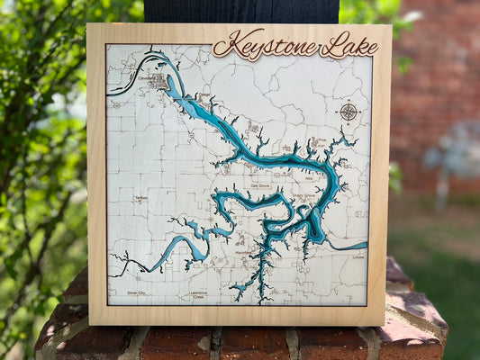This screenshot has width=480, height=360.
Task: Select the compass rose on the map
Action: point(349,112)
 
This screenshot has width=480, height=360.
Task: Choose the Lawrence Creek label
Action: point(199,295)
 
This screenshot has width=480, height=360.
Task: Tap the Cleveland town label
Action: point(149,78)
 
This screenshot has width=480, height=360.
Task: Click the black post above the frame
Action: point(240,11)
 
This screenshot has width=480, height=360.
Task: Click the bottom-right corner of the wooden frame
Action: point(385,324)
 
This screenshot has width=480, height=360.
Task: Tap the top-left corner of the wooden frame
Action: point(87,25)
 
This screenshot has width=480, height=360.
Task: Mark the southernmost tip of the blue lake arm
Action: point(260,301)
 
